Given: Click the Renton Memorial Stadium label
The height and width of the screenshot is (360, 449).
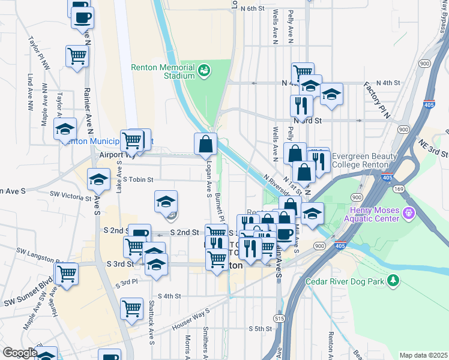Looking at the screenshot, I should [x=163, y=71].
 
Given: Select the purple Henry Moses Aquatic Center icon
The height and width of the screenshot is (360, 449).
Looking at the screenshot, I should [x=409, y=212].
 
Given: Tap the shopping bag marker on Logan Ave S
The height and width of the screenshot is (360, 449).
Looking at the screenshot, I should [x=205, y=144].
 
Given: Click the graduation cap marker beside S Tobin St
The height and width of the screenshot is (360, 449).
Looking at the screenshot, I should [x=98, y=178].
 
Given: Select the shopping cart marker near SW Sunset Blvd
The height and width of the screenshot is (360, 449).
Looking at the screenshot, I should [x=67, y=274].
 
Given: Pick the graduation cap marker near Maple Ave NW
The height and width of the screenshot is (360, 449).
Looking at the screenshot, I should [x=65, y=128].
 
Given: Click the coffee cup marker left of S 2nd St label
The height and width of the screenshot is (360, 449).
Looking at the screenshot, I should [x=140, y=233].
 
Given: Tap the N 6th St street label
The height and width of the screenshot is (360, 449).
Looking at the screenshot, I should [x=252, y=8].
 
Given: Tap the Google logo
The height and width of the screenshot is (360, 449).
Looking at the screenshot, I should [x=20, y=352].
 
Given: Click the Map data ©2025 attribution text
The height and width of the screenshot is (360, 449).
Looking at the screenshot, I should [x=423, y=355].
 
